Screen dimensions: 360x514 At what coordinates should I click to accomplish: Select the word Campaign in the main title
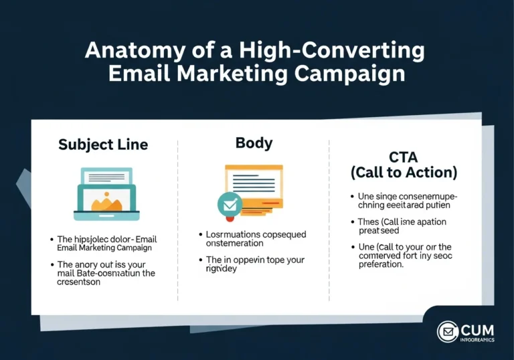(351, 73)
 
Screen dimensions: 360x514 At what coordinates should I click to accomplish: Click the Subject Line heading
(103, 145)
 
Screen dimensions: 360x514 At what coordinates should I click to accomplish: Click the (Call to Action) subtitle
(404, 172)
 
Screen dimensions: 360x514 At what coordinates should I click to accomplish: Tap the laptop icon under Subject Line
(107, 194)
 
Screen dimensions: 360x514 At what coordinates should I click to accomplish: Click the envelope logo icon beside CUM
(448, 332)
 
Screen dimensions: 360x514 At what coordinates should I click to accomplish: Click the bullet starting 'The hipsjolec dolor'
(107, 243)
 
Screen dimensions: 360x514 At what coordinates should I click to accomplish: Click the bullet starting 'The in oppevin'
(251, 265)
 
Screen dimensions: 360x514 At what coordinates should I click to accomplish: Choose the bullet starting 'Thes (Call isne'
(400, 227)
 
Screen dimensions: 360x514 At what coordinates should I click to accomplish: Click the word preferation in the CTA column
(381, 264)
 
